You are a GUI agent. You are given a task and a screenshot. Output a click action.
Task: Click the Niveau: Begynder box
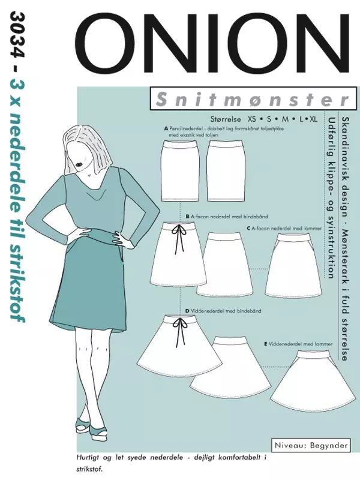tap(313, 446)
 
